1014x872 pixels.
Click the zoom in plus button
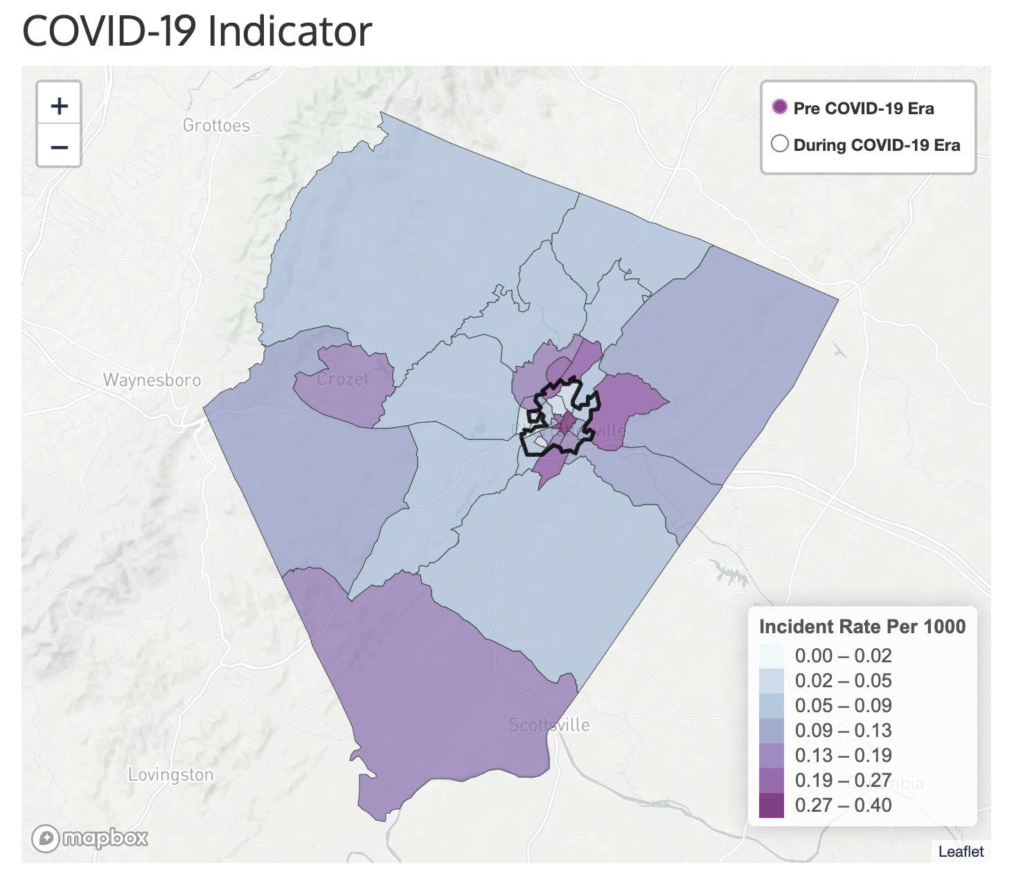(x=60, y=105)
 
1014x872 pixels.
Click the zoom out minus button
(x=60, y=147)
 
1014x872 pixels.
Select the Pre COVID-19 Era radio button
(x=780, y=107)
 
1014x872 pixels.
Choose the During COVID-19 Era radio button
(x=780, y=144)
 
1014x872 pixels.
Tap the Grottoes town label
(x=216, y=125)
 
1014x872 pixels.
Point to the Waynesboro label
(x=152, y=380)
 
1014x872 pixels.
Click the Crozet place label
(x=343, y=379)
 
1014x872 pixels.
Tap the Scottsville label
(x=549, y=725)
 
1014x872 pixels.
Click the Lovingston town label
(x=171, y=774)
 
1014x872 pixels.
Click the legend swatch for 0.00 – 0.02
(x=772, y=655)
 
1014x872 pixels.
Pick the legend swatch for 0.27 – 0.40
(x=772, y=805)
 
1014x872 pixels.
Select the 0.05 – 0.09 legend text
(x=843, y=705)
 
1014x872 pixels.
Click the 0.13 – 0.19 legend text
(x=843, y=755)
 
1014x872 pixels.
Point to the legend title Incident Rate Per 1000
(x=862, y=626)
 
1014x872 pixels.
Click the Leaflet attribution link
(x=961, y=851)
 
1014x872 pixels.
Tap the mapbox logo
(x=90, y=838)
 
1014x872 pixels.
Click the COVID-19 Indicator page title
(x=197, y=31)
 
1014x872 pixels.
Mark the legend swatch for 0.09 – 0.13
(x=772, y=730)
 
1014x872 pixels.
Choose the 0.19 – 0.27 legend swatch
(x=772, y=780)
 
